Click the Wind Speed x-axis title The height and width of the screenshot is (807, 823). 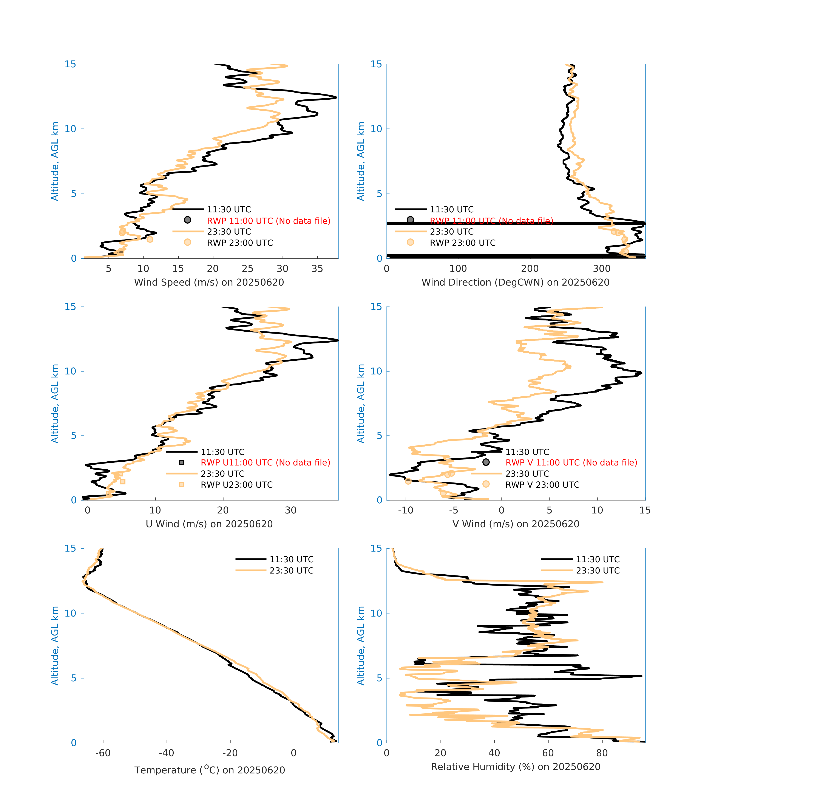pyautogui.click(x=209, y=282)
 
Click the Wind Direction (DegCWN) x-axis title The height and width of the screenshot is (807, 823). pyautogui.click(x=515, y=282)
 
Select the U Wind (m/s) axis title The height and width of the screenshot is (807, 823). pyautogui.click(x=209, y=524)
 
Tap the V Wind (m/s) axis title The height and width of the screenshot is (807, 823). pyautogui.click(x=515, y=524)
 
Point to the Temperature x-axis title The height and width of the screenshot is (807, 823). pyautogui.click(x=209, y=770)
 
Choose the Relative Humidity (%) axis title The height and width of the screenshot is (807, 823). pyautogui.click(x=515, y=766)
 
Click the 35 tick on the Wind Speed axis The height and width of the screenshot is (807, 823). pyautogui.click(x=317, y=269)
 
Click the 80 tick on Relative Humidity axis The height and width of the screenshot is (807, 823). pyautogui.click(x=602, y=753)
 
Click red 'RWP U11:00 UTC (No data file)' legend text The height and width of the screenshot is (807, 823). pyautogui.click(x=265, y=462)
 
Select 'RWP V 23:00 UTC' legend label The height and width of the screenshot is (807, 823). pyautogui.click(x=542, y=484)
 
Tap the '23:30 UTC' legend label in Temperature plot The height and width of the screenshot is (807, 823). pyautogui.click(x=292, y=570)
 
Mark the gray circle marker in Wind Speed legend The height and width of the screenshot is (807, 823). pyautogui.click(x=187, y=220)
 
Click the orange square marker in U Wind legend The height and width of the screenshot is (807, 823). pyautogui.click(x=182, y=484)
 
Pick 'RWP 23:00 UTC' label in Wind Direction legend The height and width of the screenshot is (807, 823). pyautogui.click(x=462, y=243)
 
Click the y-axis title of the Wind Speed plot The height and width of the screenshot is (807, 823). pyautogui.click(x=55, y=161)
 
